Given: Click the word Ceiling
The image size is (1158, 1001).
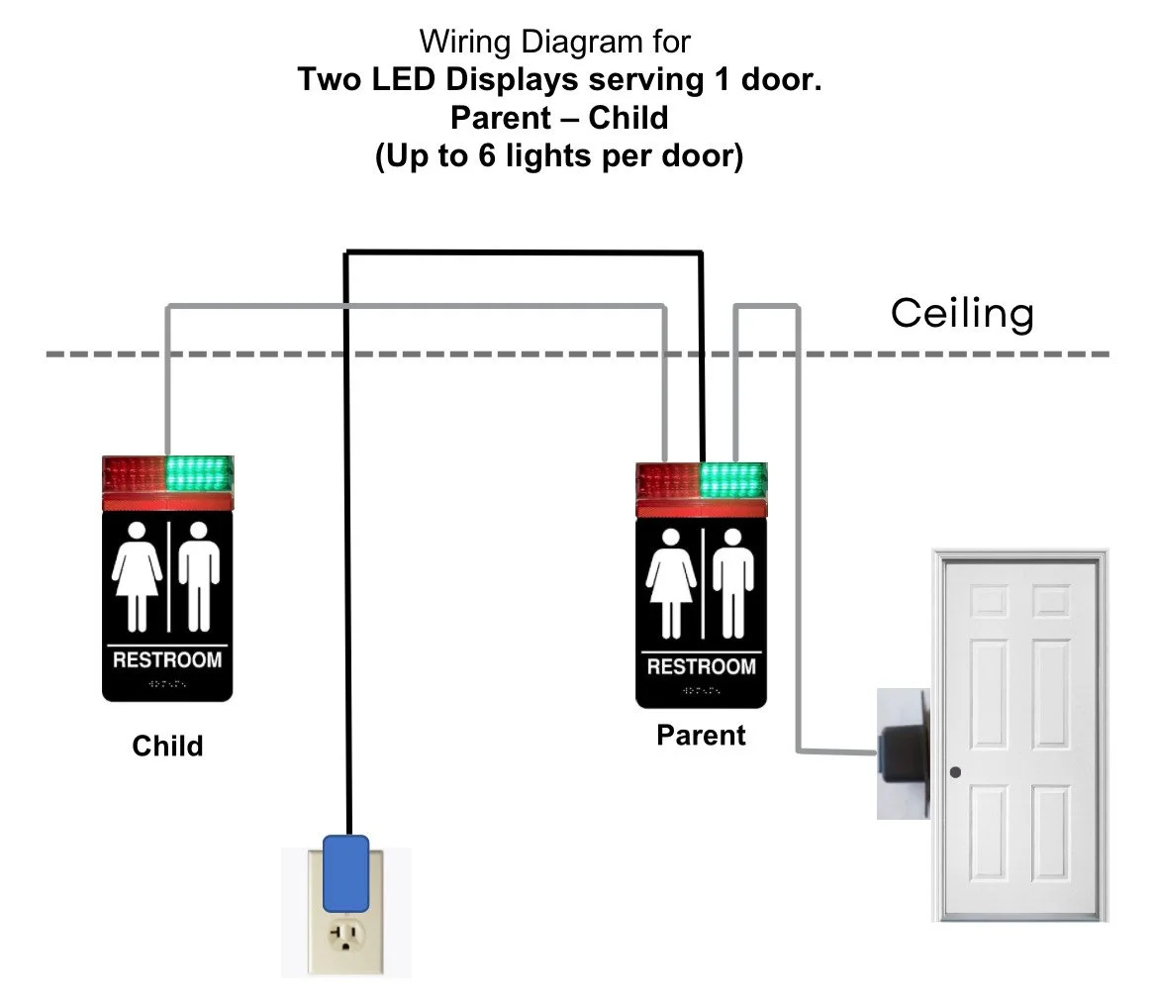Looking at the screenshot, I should [x=962, y=313].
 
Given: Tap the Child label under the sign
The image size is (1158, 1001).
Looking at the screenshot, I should [x=167, y=746].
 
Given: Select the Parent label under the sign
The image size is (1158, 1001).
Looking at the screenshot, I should [x=701, y=736].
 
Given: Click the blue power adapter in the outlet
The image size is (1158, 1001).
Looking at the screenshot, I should [x=345, y=870].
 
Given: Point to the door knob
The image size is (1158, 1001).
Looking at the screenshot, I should [x=955, y=772].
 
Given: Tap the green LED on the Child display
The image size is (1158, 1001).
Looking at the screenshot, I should [x=200, y=473].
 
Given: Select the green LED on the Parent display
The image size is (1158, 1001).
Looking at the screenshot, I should [x=732, y=479].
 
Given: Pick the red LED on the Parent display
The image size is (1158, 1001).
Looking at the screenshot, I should [x=667, y=480].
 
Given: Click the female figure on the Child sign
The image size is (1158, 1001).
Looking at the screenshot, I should [x=136, y=576].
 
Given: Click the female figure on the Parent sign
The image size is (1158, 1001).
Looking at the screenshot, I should [x=669, y=583].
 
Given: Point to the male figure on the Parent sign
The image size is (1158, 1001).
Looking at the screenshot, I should [x=733, y=583].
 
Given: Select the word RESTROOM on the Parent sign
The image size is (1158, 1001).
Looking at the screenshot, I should [x=701, y=666].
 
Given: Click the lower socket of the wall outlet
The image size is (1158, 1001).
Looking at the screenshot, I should [x=345, y=936].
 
